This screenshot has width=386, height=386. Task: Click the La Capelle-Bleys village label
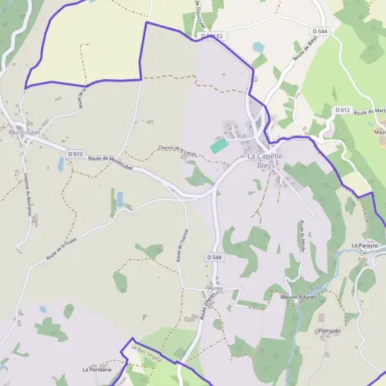[x=265, y=160]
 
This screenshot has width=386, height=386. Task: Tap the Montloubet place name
[x=25, y=133]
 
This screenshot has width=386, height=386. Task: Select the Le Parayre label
[x=365, y=246]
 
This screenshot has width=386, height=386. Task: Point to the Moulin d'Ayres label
[x=300, y=297]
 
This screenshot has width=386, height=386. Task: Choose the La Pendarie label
[x=97, y=370]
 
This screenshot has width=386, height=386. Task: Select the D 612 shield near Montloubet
[x=75, y=154]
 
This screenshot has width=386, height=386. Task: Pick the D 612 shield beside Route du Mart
[x=342, y=111]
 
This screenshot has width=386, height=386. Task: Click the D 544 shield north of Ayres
[x=215, y=257]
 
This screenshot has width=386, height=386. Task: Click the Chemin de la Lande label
[x=177, y=149]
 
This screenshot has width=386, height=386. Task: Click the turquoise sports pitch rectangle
[x=219, y=145]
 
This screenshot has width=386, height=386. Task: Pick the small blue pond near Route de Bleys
[x=259, y=47]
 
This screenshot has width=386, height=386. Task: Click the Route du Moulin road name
[x=300, y=239]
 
